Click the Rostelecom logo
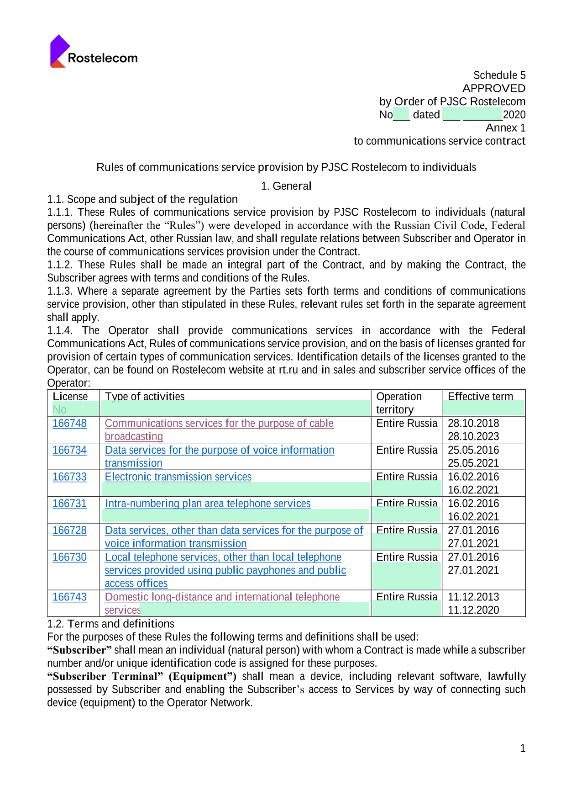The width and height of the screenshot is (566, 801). (x=94, y=52)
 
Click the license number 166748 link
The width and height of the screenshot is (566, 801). (x=69, y=423)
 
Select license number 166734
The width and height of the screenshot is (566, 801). (x=69, y=450)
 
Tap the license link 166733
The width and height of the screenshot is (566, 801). (x=69, y=477)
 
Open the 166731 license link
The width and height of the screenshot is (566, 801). (x=69, y=504)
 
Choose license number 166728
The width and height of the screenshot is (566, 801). (x=69, y=530)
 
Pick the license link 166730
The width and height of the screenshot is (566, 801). (x=69, y=557)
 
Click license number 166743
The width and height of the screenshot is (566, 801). (x=69, y=597)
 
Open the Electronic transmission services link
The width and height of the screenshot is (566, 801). (x=178, y=477)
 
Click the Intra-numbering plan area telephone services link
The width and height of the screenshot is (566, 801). (x=208, y=504)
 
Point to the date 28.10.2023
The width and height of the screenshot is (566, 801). (x=473, y=436)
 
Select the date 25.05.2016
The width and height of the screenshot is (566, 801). (x=473, y=450)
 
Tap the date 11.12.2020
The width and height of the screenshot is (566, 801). (x=473, y=610)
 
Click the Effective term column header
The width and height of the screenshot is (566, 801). (x=480, y=396)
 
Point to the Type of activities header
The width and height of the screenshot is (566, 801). (x=145, y=396)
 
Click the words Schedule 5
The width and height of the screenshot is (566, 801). (x=499, y=75)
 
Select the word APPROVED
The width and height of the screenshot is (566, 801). (x=494, y=88)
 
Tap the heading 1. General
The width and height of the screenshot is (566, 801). (x=286, y=186)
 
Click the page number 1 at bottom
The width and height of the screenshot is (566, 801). (x=523, y=748)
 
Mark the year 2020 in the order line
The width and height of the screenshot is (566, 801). (x=514, y=115)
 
